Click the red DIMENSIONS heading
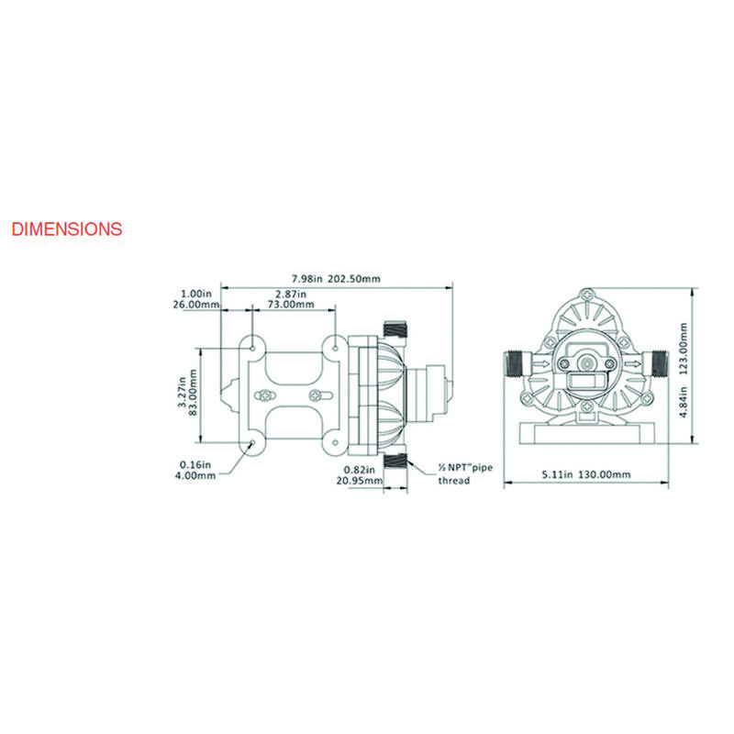point(67,228)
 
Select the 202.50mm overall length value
point(354,279)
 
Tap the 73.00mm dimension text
point(291,305)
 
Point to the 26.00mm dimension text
point(196,305)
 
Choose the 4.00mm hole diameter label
point(195,475)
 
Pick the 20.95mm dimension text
point(359,480)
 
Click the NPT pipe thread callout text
point(465,473)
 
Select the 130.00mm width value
point(605,474)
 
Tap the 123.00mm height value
point(683,349)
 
